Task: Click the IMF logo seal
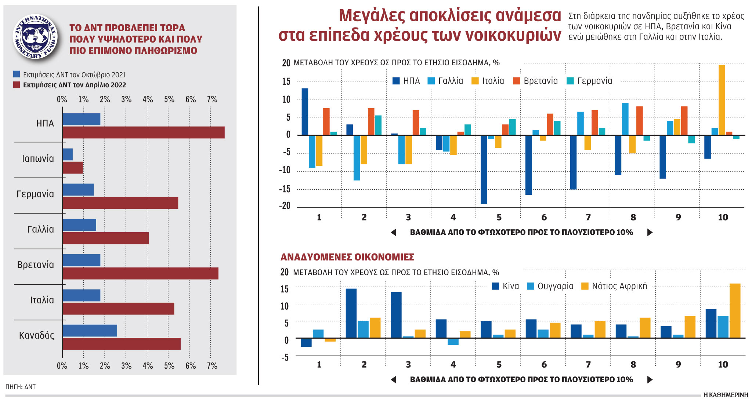tap(35, 37)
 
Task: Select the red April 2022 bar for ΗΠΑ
tap(143, 132)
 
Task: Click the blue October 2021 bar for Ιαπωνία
tap(68, 154)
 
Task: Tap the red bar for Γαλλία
tap(105, 238)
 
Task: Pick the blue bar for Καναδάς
tap(90, 331)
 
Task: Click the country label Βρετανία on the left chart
tap(36, 265)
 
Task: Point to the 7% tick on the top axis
tap(212, 99)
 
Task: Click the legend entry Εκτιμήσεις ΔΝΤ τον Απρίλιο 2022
tap(74, 85)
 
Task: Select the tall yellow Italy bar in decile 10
tap(722, 100)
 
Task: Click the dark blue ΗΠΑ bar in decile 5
tap(484, 169)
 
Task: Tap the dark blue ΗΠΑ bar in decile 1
tap(305, 112)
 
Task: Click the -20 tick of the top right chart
tap(285, 206)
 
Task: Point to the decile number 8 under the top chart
tap(633, 218)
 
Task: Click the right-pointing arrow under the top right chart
tap(650, 232)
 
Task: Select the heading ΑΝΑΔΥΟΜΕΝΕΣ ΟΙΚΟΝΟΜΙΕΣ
tap(347, 257)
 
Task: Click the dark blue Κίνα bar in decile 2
tap(351, 313)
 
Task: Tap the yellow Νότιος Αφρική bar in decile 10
tap(735, 310)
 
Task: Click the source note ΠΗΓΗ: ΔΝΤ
tap(21, 387)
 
